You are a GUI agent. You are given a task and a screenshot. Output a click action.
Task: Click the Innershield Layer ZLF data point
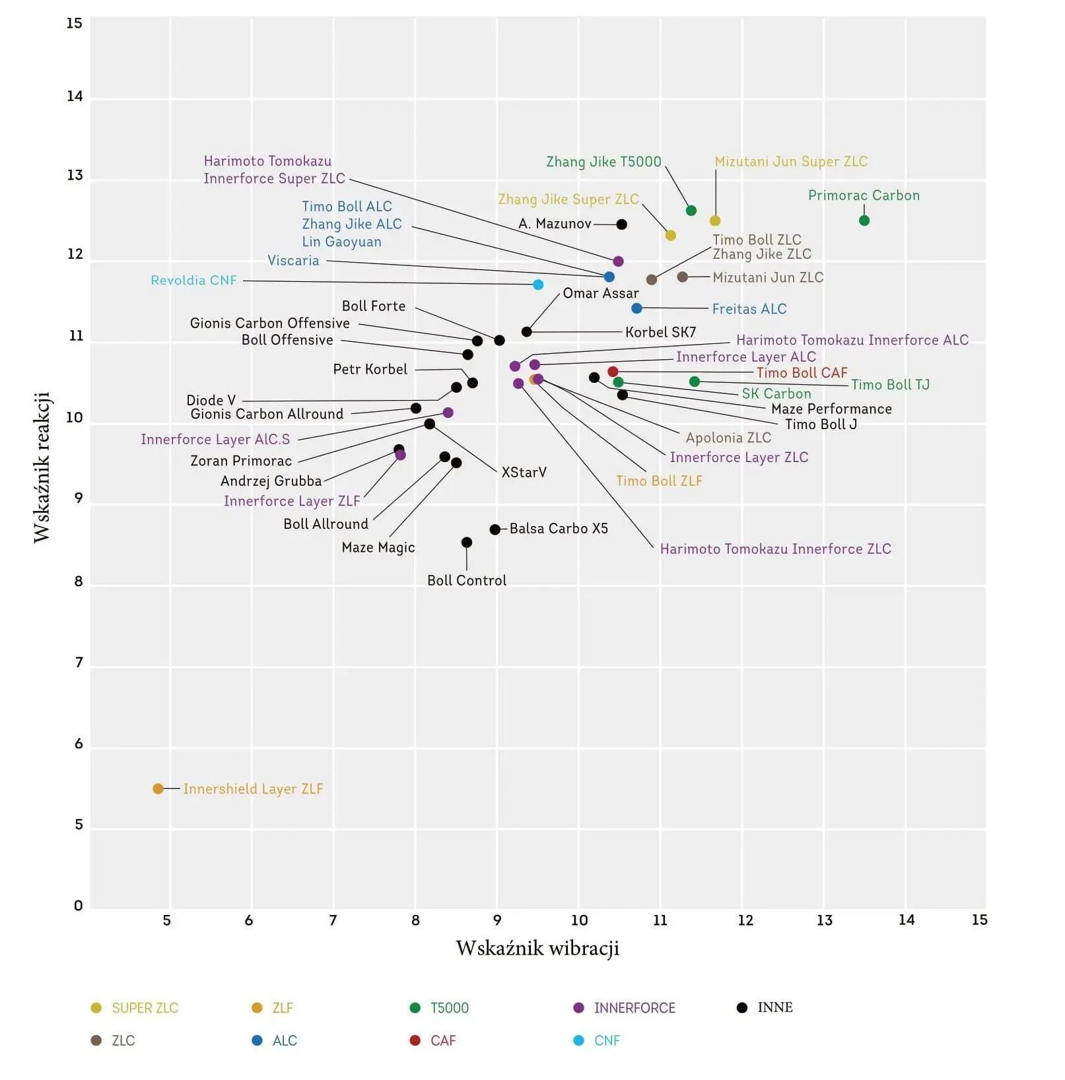(158, 789)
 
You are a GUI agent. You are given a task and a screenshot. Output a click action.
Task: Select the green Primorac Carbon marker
(864, 220)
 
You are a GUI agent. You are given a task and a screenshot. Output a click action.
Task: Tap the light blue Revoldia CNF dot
(538, 285)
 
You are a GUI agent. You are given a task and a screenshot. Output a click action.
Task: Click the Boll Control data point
(467, 543)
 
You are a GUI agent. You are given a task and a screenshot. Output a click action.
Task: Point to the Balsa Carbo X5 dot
(495, 529)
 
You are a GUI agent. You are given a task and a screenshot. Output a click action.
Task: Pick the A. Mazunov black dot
(621, 224)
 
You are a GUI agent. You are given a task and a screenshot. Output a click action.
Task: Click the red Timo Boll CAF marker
(613, 372)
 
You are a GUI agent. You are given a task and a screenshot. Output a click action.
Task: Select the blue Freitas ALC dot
(636, 308)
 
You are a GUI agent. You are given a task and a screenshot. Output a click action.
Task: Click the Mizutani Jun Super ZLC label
(791, 162)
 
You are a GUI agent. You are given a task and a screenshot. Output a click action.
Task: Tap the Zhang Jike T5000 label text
(603, 162)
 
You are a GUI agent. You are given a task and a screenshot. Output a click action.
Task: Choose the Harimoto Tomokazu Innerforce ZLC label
(775, 549)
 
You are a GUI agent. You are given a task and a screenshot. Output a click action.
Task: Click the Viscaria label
(293, 261)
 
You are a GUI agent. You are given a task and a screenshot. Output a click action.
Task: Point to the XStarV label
(524, 473)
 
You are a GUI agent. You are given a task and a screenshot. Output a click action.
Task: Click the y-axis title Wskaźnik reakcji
(42, 467)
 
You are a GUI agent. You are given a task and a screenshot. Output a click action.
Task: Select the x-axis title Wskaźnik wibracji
(537, 949)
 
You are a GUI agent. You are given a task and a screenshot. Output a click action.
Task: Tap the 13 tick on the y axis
(75, 176)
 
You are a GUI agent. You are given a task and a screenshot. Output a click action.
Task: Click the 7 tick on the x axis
(333, 920)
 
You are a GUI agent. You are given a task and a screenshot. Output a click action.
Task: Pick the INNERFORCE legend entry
(634, 1008)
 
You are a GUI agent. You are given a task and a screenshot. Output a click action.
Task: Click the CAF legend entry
(442, 1041)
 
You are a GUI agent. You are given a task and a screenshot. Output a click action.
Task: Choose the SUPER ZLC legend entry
(145, 1008)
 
